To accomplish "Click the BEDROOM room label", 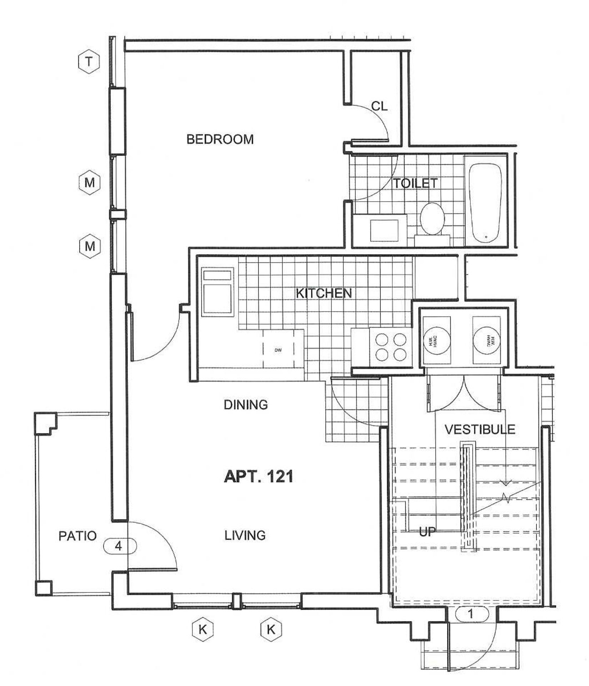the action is pyautogui.click(x=220, y=139).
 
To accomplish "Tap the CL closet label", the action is pyautogui.click(x=379, y=106).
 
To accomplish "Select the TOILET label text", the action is pyautogui.click(x=415, y=183).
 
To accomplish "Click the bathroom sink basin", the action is pyautogui.click(x=384, y=230).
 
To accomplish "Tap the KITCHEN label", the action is pyautogui.click(x=324, y=293).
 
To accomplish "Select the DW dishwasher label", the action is pyautogui.click(x=278, y=351).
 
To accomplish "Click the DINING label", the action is pyautogui.click(x=246, y=405).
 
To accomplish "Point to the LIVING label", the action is pyautogui.click(x=245, y=535).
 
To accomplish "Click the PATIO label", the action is pyautogui.click(x=78, y=536).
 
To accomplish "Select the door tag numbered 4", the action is pyautogui.click(x=119, y=546).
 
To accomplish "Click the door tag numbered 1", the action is pyautogui.click(x=471, y=614).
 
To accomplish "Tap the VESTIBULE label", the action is pyautogui.click(x=480, y=429).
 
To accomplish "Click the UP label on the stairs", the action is pyautogui.click(x=427, y=532).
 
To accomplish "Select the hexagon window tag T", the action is pyautogui.click(x=89, y=62).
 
